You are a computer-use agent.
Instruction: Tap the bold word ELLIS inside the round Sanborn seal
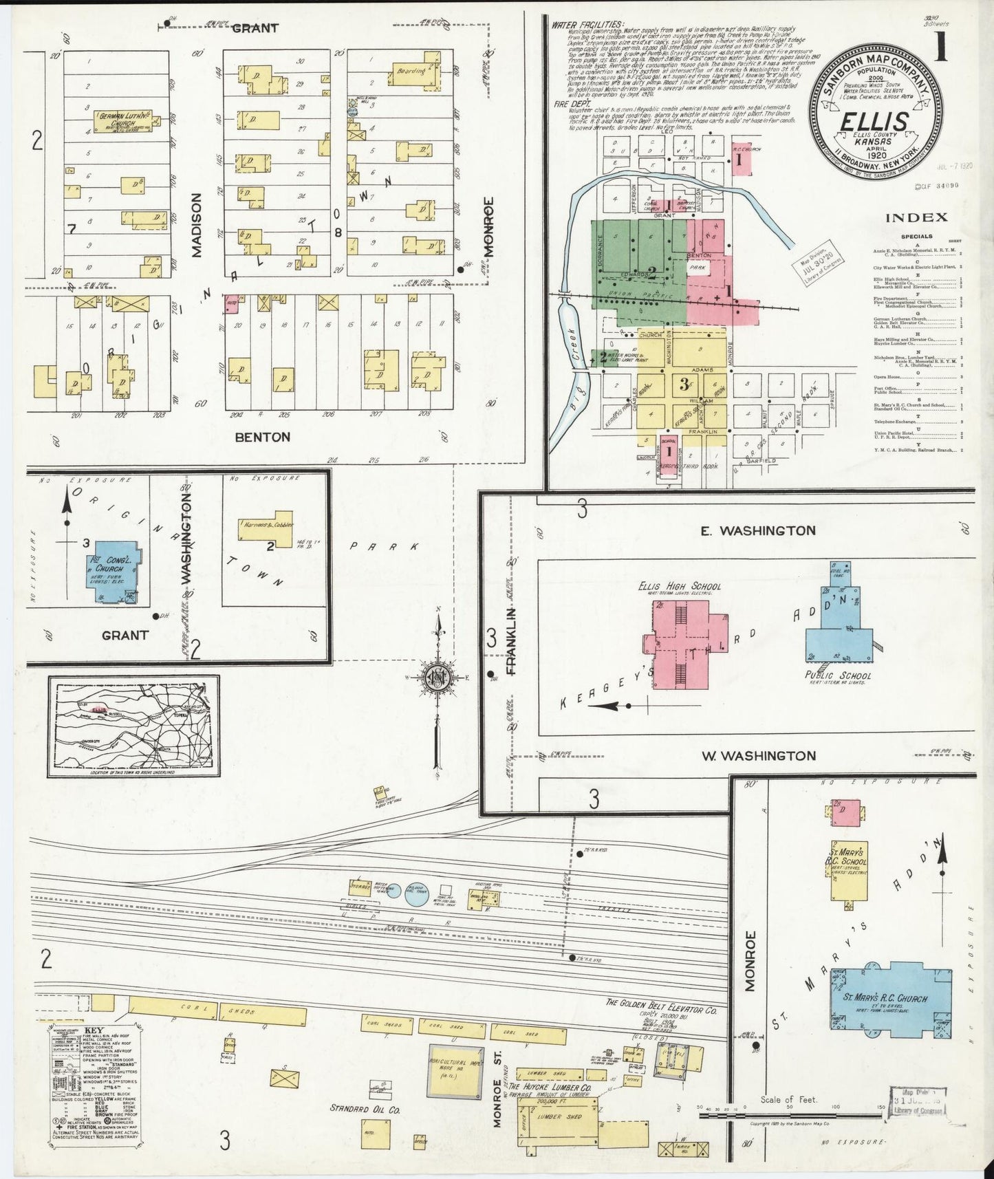pos(874,123)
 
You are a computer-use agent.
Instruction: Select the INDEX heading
pos(916,217)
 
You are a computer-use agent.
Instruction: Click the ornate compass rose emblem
pos(437,677)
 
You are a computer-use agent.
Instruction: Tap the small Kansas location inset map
pos(133,725)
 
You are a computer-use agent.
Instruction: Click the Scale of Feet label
pos(788,1099)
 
